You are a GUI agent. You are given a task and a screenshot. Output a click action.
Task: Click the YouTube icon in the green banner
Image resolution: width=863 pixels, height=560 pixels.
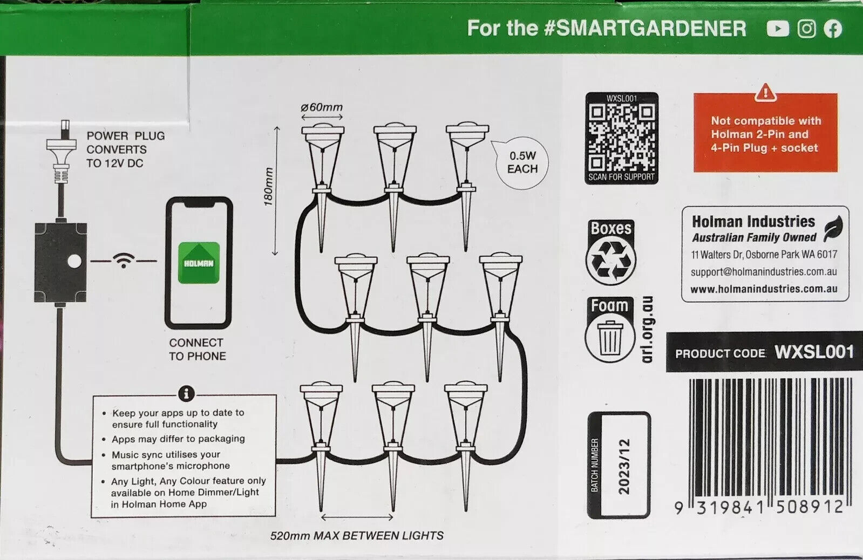pyautogui.click(x=778, y=29)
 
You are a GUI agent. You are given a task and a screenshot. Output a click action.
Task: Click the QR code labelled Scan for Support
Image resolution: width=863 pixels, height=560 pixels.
pyautogui.click(x=621, y=138)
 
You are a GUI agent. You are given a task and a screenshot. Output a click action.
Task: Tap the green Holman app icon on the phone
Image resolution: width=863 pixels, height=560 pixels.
pyautogui.click(x=199, y=263)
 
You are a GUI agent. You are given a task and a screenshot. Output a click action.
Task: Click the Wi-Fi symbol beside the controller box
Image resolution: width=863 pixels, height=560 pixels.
pyautogui.click(x=123, y=261)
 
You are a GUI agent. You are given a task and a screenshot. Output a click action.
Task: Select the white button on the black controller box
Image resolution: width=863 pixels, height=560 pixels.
pyautogui.click(x=74, y=261)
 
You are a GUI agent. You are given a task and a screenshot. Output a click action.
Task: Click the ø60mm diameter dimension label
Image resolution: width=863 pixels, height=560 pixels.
pyautogui.click(x=322, y=107)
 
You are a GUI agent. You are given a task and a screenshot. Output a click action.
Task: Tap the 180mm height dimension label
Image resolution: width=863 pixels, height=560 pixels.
pyautogui.click(x=268, y=187)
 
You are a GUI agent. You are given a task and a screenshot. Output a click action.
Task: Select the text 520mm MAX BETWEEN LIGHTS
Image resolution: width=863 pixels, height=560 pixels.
pyautogui.click(x=357, y=535)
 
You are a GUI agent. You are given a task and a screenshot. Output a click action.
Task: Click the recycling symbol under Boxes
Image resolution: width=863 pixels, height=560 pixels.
pyautogui.click(x=611, y=261)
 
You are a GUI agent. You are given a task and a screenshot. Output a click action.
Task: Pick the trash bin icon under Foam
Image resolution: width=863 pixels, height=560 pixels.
pyautogui.click(x=609, y=338)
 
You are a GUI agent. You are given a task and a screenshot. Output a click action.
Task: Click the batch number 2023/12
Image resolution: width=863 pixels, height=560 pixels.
pyautogui.click(x=624, y=466)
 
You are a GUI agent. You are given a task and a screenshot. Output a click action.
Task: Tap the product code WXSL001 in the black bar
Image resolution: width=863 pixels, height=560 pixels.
pyautogui.click(x=814, y=352)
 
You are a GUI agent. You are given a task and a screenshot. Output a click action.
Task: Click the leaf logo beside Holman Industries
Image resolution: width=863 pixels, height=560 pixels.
pyautogui.click(x=834, y=229)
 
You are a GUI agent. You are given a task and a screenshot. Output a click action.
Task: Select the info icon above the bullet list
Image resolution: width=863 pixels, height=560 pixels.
pyautogui.click(x=186, y=394)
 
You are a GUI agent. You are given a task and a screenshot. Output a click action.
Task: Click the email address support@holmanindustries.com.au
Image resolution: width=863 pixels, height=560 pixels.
pyautogui.click(x=764, y=271)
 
